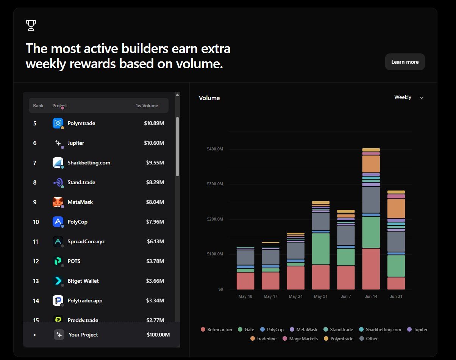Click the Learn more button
click(405, 62)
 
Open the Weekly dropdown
click(409, 97)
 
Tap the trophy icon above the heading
click(31, 25)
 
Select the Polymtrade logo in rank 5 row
click(58, 123)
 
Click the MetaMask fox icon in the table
click(58, 202)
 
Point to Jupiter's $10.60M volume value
click(154, 143)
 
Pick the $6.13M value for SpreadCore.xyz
click(156, 241)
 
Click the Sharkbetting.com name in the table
click(89, 163)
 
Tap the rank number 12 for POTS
click(36, 261)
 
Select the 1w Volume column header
click(147, 106)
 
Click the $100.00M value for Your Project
click(158, 335)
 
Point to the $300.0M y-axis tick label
click(215, 184)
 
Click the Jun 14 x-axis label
click(371, 296)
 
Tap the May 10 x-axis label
click(245, 296)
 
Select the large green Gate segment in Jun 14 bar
click(371, 232)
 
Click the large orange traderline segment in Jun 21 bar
click(396, 208)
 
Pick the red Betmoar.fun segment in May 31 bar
click(320, 277)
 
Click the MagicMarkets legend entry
click(300, 338)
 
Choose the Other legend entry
click(369, 338)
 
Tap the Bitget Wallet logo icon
click(58, 281)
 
